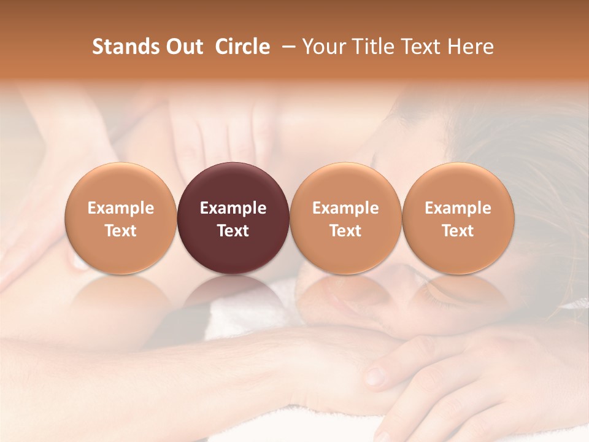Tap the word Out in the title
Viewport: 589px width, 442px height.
(x=183, y=47)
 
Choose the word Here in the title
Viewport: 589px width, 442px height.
(x=471, y=47)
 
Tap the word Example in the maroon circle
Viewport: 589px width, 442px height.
(x=233, y=208)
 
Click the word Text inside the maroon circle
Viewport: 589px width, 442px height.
(x=233, y=231)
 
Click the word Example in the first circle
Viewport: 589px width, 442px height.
(x=121, y=208)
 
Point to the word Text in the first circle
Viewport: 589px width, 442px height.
(x=121, y=231)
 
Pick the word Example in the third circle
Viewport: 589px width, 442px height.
(x=345, y=208)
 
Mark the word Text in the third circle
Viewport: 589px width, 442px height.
(x=345, y=231)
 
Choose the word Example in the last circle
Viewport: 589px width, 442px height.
(x=458, y=208)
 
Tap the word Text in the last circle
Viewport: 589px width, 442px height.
(x=458, y=231)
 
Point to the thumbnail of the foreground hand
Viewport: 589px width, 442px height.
(x=375, y=374)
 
